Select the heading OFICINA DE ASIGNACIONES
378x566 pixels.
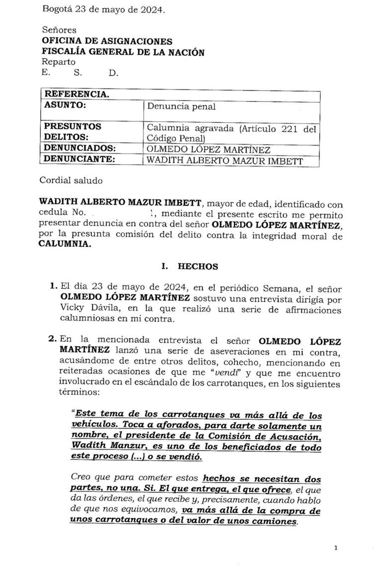click(107, 41)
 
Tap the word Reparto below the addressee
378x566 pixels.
click(59, 62)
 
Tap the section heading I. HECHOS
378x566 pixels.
click(190, 267)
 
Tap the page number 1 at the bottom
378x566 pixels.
click(336, 548)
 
